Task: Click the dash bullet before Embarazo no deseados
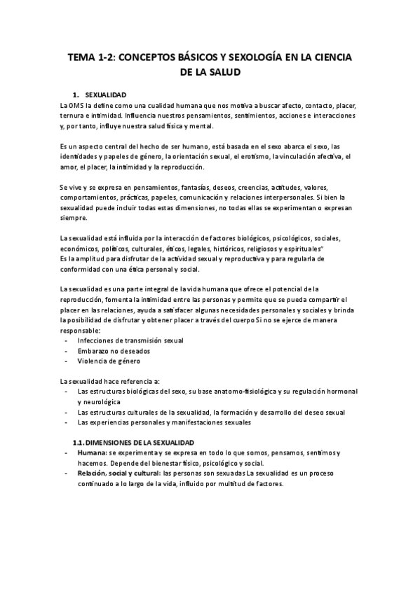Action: pyautogui.click(x=65, y=351)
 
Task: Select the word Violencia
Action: pyautogui.click(x=93, y=361)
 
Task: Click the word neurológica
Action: pyautogui.click(x=98, y=402)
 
